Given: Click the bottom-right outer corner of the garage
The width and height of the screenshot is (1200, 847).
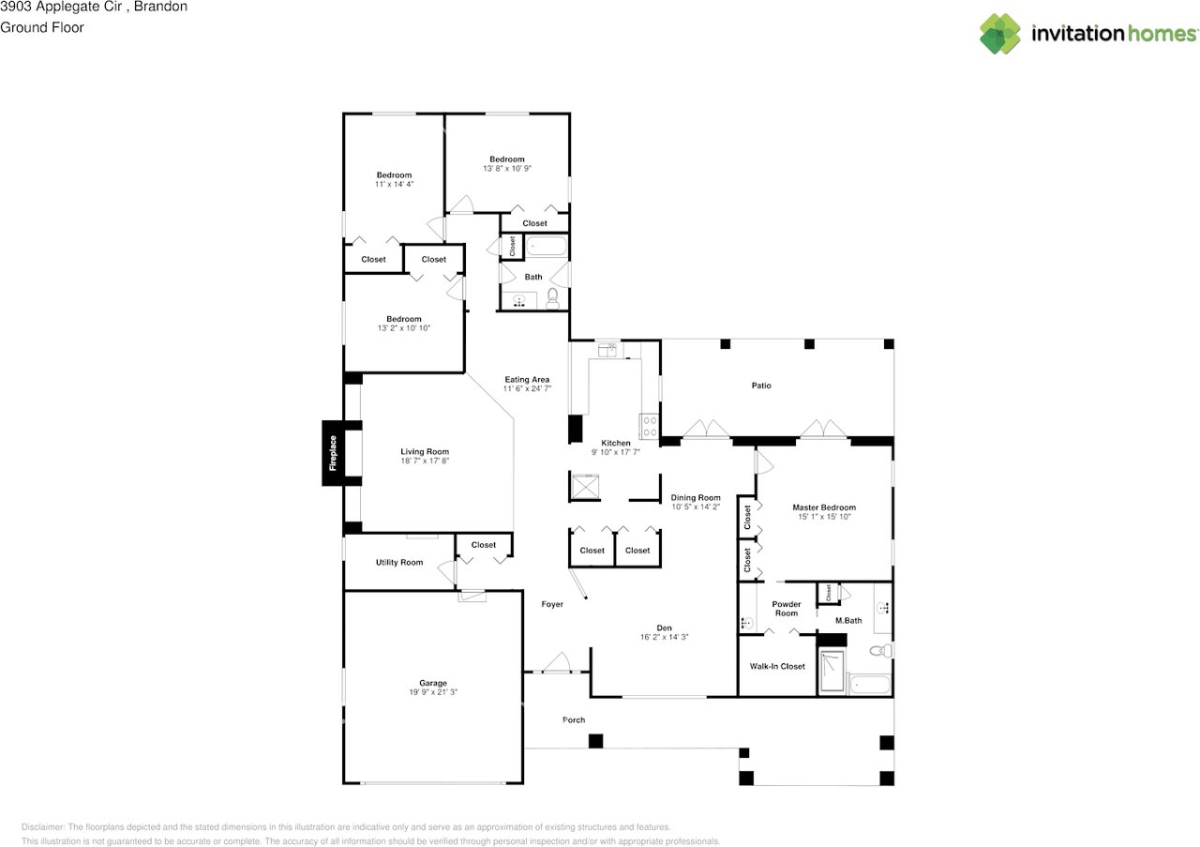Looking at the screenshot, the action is click(523, 784).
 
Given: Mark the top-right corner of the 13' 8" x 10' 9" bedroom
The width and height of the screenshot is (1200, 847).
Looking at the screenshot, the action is click(569, 113).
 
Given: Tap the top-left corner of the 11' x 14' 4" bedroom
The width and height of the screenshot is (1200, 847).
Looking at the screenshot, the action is click(343, 113).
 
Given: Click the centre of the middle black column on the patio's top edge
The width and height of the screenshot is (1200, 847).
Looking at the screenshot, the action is click(809, 343).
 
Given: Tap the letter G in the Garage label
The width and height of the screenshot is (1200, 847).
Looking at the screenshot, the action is click(423, 683).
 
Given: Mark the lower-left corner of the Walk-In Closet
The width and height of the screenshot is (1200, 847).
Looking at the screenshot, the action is click(738, 696).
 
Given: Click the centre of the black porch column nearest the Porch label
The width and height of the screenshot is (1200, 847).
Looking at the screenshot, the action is click(595, 741).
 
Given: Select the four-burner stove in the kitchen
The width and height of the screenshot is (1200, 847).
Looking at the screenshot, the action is click(650, 427).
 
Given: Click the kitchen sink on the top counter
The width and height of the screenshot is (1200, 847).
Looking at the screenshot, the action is click(607, 350).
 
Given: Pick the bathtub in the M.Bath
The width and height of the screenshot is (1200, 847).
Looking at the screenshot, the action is click(870, 685).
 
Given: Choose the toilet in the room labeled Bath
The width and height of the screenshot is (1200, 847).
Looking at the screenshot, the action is click(553, 298).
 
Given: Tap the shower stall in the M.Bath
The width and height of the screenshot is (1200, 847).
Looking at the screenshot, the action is click(832, 670).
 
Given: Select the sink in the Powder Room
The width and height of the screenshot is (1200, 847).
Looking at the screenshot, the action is click(746, 623).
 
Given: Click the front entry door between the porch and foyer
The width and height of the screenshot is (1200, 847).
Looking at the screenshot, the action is click(557, 662).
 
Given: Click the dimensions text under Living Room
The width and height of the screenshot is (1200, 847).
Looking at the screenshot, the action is click(425, 461).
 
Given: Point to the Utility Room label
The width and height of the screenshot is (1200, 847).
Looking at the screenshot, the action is click(399, 563).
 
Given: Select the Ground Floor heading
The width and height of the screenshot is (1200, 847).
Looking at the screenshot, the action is click(42, 27).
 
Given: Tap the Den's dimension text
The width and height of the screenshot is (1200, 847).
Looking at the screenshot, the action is click(665, 638).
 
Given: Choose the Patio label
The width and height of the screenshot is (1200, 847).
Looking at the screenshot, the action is click(761, 386).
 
